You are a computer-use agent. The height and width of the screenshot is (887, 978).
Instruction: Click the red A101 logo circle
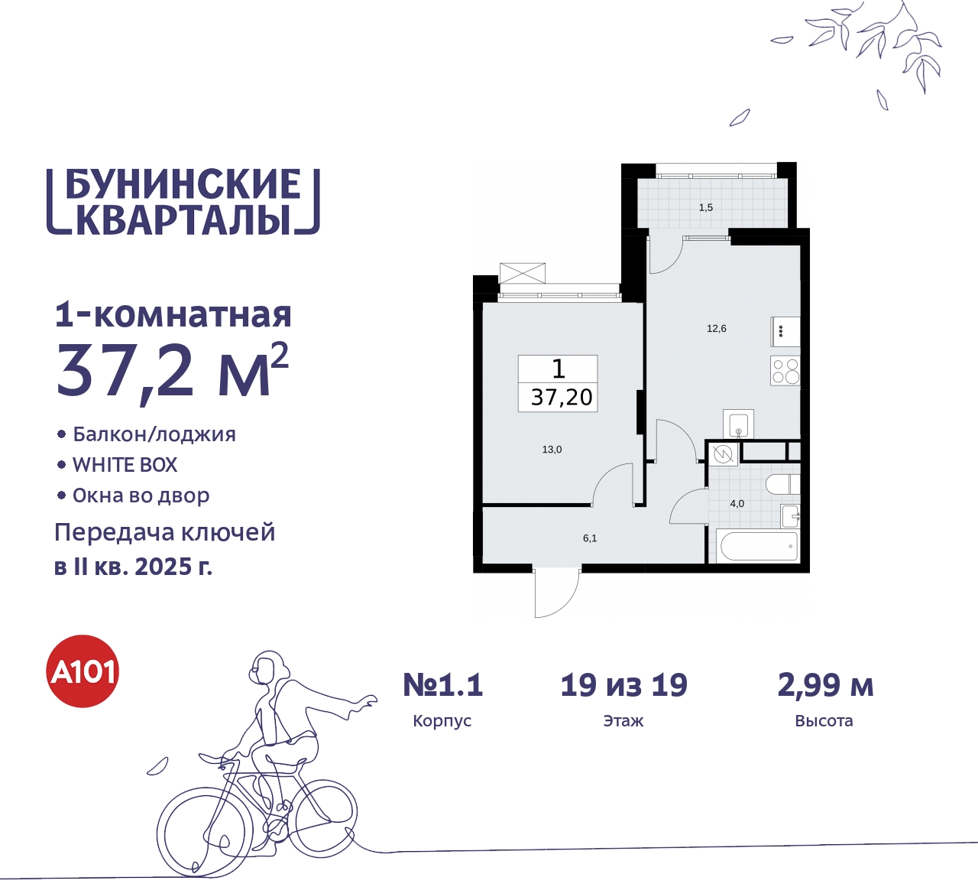83,671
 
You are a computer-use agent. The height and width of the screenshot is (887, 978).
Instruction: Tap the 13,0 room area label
552,450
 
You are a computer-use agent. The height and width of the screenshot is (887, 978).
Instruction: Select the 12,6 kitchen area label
717,329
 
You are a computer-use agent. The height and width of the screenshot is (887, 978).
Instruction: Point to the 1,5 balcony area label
706,207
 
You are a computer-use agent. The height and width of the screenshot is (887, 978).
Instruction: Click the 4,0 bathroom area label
737,504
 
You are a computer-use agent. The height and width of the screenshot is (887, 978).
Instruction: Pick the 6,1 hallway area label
590,538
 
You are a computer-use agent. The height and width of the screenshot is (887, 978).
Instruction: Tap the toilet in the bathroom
782,485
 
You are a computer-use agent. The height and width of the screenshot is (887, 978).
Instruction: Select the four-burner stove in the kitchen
785,371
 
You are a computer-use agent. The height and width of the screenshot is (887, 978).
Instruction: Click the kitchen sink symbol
738,424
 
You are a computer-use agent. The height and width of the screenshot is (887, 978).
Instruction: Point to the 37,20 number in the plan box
562,398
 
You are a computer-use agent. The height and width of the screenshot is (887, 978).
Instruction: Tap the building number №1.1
443,685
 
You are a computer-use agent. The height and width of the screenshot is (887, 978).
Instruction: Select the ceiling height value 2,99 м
825,685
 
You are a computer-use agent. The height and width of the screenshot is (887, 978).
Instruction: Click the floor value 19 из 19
623,685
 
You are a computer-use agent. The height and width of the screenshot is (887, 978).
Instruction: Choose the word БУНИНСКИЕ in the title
183,185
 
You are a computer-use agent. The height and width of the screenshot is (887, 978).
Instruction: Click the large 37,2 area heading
126,372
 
